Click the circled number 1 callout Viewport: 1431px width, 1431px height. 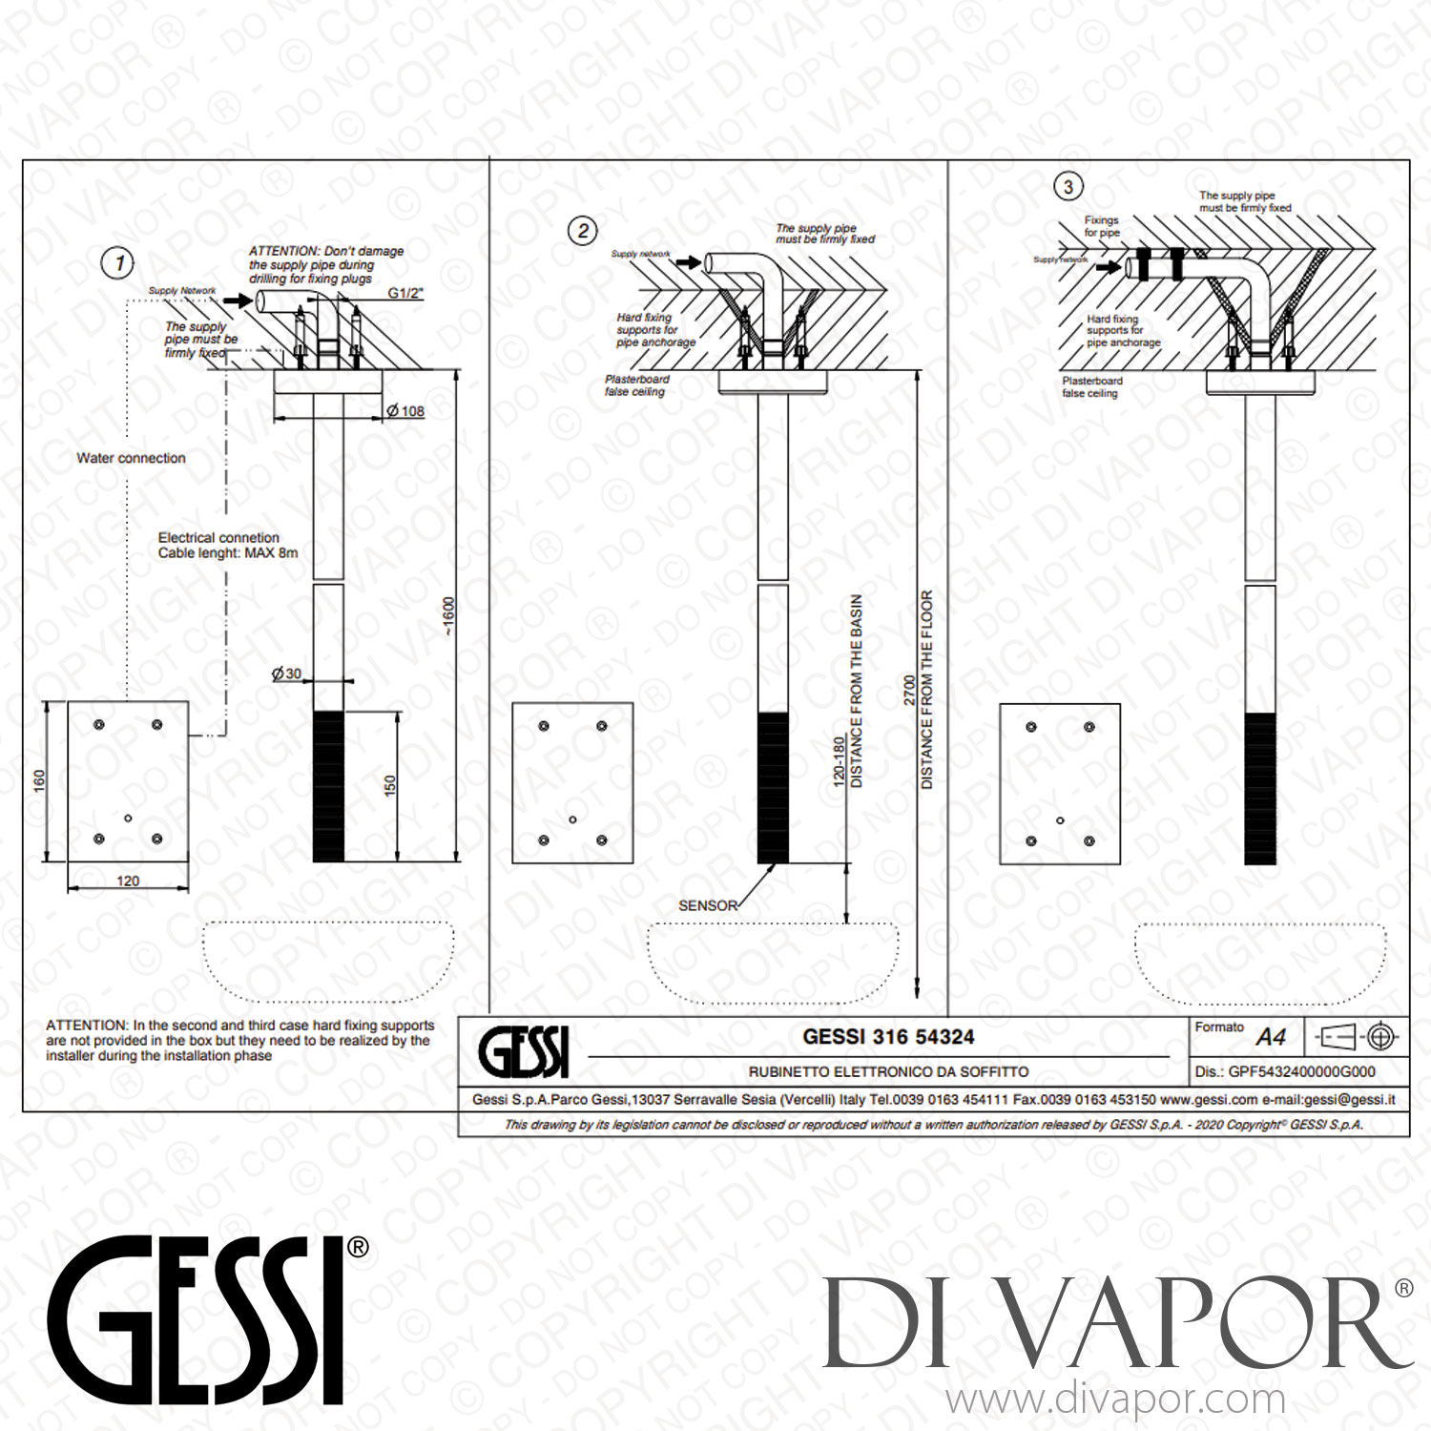(118, 263)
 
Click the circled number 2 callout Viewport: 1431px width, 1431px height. (583, 231)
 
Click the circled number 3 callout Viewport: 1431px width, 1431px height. (1068, 187)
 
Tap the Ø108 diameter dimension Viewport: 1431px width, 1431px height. (405, 411)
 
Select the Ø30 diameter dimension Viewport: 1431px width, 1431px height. (286, 674)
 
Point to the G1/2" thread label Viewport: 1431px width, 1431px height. (405, 293)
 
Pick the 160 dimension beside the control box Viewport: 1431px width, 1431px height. (39, 781)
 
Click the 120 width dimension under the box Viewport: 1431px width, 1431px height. (128, 881)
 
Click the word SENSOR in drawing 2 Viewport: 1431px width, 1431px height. (708, 905)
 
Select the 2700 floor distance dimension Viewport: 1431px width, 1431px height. (909, 690)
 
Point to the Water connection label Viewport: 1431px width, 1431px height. (132, 458)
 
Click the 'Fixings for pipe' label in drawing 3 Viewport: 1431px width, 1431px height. (1102, 226)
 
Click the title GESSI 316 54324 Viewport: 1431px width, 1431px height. (888, 1036)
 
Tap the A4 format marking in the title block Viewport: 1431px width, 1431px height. (1271, 1037)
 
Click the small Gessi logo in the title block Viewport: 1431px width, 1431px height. (524, 1052)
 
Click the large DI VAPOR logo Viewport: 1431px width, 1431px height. (1116, 1324)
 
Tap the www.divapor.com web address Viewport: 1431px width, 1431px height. (1115, 1400)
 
